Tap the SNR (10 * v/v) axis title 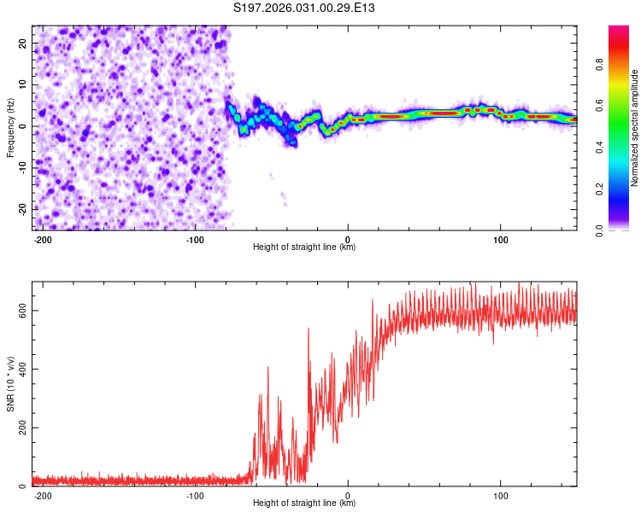click(x=10, y=383)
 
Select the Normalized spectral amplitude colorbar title click(x=634, y=127)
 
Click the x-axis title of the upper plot click(x=304, y=247)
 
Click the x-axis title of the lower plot click(x=304, y=503)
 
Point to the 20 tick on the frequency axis click(x=22, y=43)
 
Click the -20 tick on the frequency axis click(x=21, y=209)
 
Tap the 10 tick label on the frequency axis click(x=22, y=84)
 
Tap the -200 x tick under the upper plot click(x=41, y=237)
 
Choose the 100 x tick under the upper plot click(x=501, y=237)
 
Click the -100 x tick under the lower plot click(x=194, y=493)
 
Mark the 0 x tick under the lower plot click(x=348, y=493)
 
